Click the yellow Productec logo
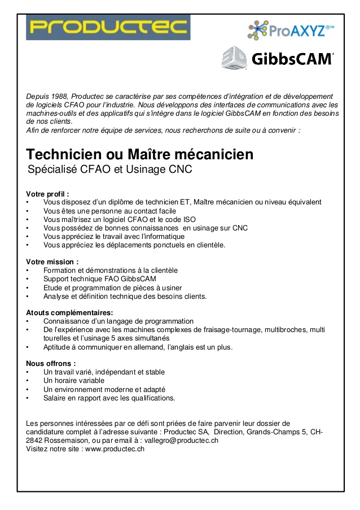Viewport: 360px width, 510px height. pyautogui.click(x=108, y=27)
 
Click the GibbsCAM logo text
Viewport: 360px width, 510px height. pyautogui.click(x=291, y=59)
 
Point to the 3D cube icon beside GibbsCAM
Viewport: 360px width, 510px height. pyautogui.click(x=233, y=58)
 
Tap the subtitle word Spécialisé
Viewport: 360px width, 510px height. pyautogui.click(x=54, y=169)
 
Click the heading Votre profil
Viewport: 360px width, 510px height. pyautogui.click(x=47, y=194)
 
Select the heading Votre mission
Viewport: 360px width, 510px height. pyautogui.click(x=52, y=261)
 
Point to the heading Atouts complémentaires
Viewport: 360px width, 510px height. pyautogui.click(x=69, y=312)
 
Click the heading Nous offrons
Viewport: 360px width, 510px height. pyautogui.click(x=51, y=363)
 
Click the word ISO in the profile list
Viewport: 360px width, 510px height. pyautogui.click(x=189, y=219)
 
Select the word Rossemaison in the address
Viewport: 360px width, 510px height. pyautogui.click(x=65, y=441)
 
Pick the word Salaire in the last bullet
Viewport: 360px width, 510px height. pyautogui.click(x=55, y=398)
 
